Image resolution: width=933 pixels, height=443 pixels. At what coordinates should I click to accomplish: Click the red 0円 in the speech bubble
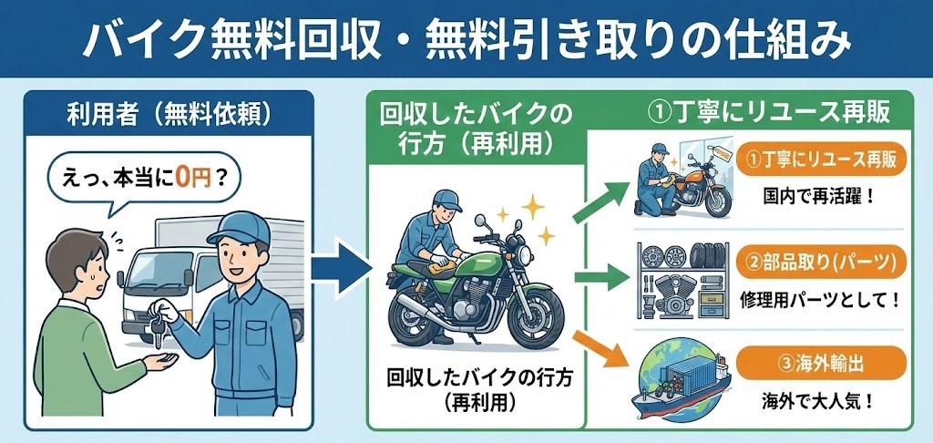(x=189, y=179)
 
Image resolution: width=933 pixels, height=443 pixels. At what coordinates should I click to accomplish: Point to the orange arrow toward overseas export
(x=600, y=352)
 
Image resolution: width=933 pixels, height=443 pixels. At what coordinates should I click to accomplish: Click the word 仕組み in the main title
(x=793, y=40)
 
